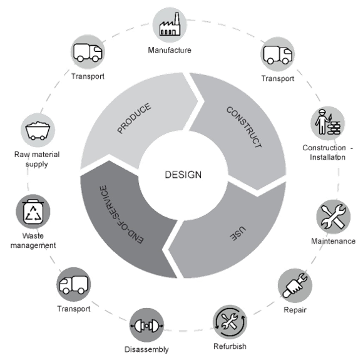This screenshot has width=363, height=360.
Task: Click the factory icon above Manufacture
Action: point(170,25)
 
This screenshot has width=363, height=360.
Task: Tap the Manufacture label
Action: point(170,50)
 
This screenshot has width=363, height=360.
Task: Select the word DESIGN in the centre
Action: point(183,175)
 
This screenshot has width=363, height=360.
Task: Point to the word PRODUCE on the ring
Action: point(135,118)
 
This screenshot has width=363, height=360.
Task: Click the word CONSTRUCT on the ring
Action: point(244,127)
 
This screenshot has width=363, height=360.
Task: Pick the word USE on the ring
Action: point(238,234)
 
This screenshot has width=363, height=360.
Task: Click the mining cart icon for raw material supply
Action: point(38,130)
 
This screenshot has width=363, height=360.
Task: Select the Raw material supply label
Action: point(37,159)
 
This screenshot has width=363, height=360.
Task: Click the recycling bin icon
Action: point(33,212)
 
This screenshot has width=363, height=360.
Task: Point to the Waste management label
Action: point(33,240)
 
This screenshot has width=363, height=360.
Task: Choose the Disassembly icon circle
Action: point(147,325)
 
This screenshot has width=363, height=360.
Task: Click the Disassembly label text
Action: point(146,349)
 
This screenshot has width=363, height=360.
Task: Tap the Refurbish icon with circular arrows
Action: point(230,322)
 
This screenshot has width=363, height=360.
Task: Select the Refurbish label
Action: point(230,346)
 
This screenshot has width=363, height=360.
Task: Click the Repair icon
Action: point(295,285)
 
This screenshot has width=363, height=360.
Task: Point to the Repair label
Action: point(295,310)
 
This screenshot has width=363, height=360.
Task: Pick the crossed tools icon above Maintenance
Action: point(334,217)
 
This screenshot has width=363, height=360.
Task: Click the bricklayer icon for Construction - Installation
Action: point(327,123)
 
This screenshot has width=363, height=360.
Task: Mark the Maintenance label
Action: point(334,241)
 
